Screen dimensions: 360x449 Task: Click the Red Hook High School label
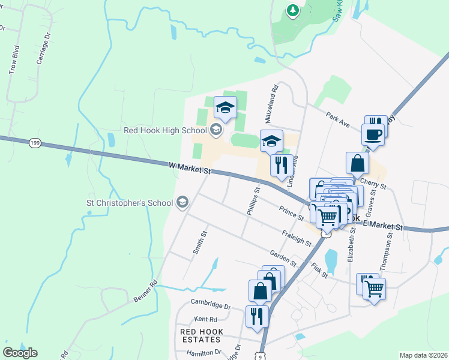[164, 130]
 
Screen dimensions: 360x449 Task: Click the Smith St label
[200, 242]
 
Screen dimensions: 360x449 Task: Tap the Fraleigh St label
[297, 238]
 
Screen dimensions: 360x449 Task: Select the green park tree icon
[293, 10]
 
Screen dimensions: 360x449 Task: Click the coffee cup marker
[372, 134]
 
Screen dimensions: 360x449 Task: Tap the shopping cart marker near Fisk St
[374, 289]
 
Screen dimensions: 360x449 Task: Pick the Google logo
[20, 353]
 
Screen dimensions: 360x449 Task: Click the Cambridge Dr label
[210, 304]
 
